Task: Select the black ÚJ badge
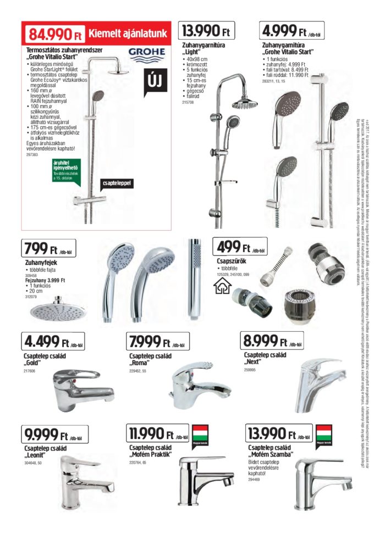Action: click(x=154, y=83)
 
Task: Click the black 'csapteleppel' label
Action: click(x=118, y=183)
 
